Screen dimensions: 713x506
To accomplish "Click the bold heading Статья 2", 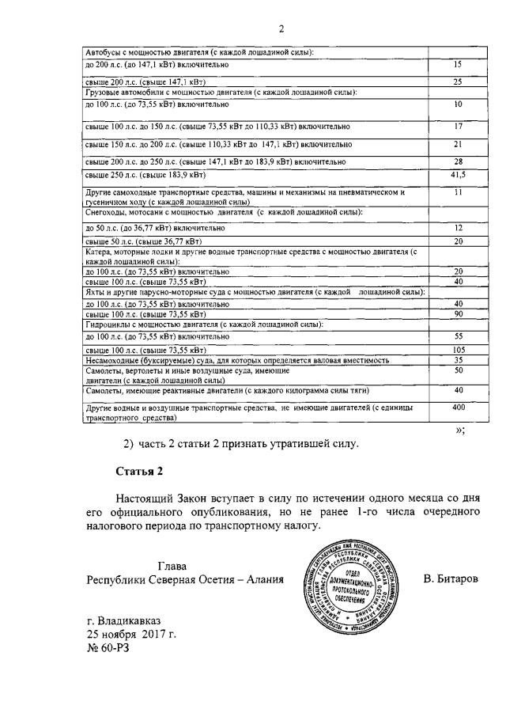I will coord(139,472).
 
